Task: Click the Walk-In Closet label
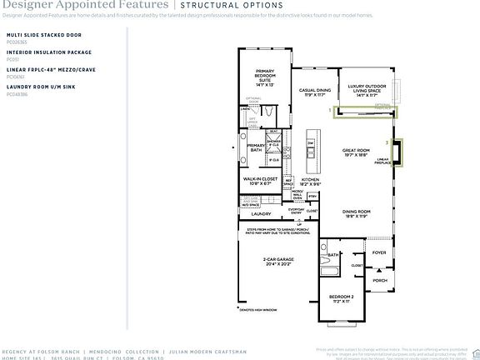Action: [260, 181]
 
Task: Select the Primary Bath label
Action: [257, 148]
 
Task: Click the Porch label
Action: [380, 280]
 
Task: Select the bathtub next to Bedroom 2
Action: [327, 272]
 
